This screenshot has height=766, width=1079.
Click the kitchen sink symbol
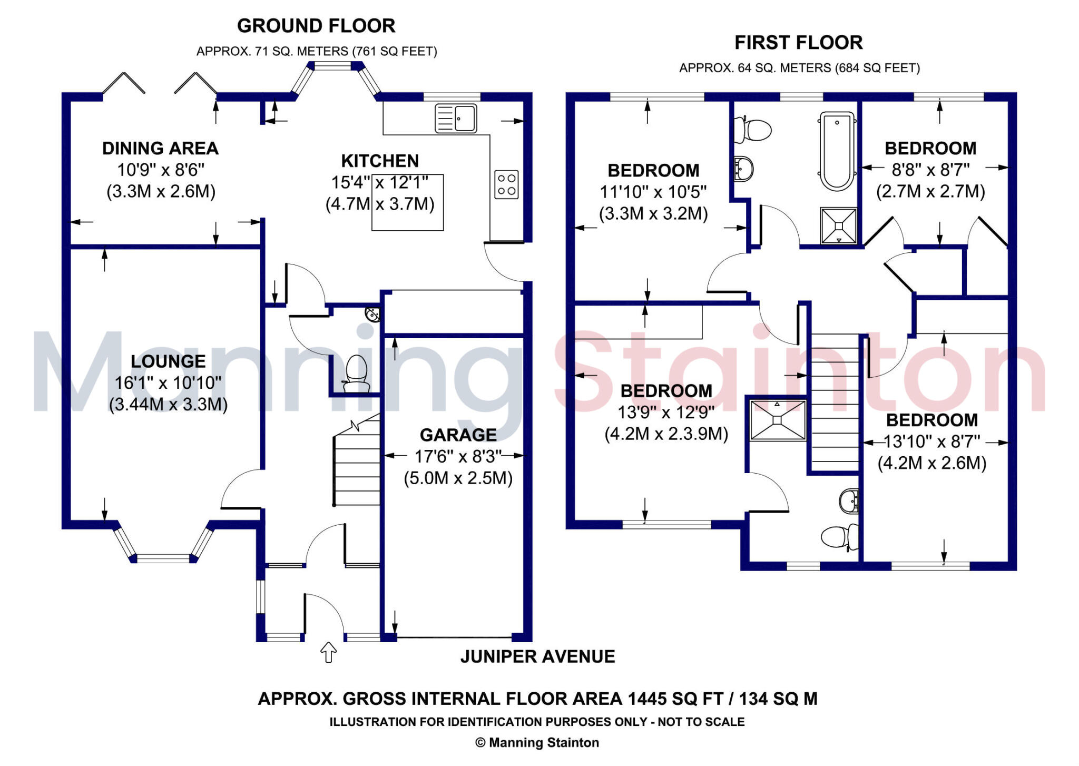[456, 118]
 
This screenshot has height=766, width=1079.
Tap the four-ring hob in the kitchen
[506, 184]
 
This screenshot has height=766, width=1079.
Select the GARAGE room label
[458, 435]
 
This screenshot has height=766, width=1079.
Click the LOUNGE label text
[168, 361]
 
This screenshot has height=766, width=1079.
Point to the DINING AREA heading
[160, 148]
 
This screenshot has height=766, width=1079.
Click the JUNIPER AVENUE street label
[537, 656]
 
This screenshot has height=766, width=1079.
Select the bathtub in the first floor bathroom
[837, 151]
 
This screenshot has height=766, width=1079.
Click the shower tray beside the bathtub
[838, 226]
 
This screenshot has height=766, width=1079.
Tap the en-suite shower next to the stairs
[778, 420]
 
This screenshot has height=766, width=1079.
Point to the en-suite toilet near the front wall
[839, 537]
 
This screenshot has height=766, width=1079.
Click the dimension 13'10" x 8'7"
[931, 441]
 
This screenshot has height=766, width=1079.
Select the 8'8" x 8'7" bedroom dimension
[930, 170]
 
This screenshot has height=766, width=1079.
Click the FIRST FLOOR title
[798, 43]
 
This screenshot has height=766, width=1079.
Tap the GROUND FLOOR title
[316, 26]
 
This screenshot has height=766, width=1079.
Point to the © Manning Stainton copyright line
[537, 742]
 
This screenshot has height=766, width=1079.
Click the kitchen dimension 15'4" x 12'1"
[379, 182]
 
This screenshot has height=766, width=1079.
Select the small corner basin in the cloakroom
[373, 315]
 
